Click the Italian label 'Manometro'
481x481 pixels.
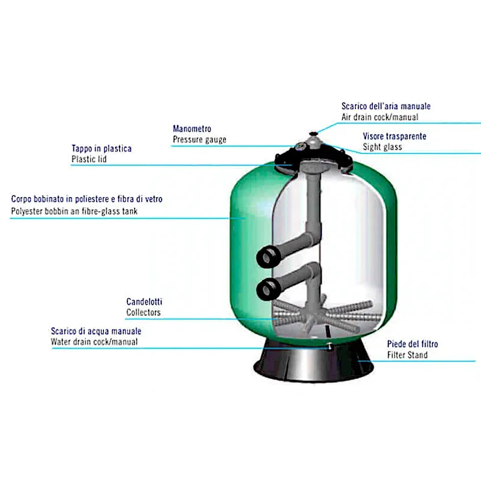[x=191, y=129]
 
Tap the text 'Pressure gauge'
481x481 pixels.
[x=199, y=140]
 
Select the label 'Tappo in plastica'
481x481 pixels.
[x=101, y=149]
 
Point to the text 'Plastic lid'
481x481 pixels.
[x=89, y=159]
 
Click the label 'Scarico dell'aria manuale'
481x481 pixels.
[x=386, y=106]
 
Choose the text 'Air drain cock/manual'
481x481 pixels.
[x=380, y=117]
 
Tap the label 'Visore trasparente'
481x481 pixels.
[x=394, y=137]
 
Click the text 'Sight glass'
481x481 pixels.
[x=382, y=147]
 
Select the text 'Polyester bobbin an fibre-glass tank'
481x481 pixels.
[x=74, y=211]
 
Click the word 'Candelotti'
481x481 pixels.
[x=144, y=302]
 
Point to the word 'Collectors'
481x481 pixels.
[x=143, y=313]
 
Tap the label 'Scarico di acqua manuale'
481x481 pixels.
[x=96, y=331]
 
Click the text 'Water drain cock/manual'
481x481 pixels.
[x=94, y=342]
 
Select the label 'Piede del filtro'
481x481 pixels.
[x=412, y=344]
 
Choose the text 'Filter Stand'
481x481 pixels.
[x=407, y=355]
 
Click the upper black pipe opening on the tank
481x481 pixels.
[x=266, y=256]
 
